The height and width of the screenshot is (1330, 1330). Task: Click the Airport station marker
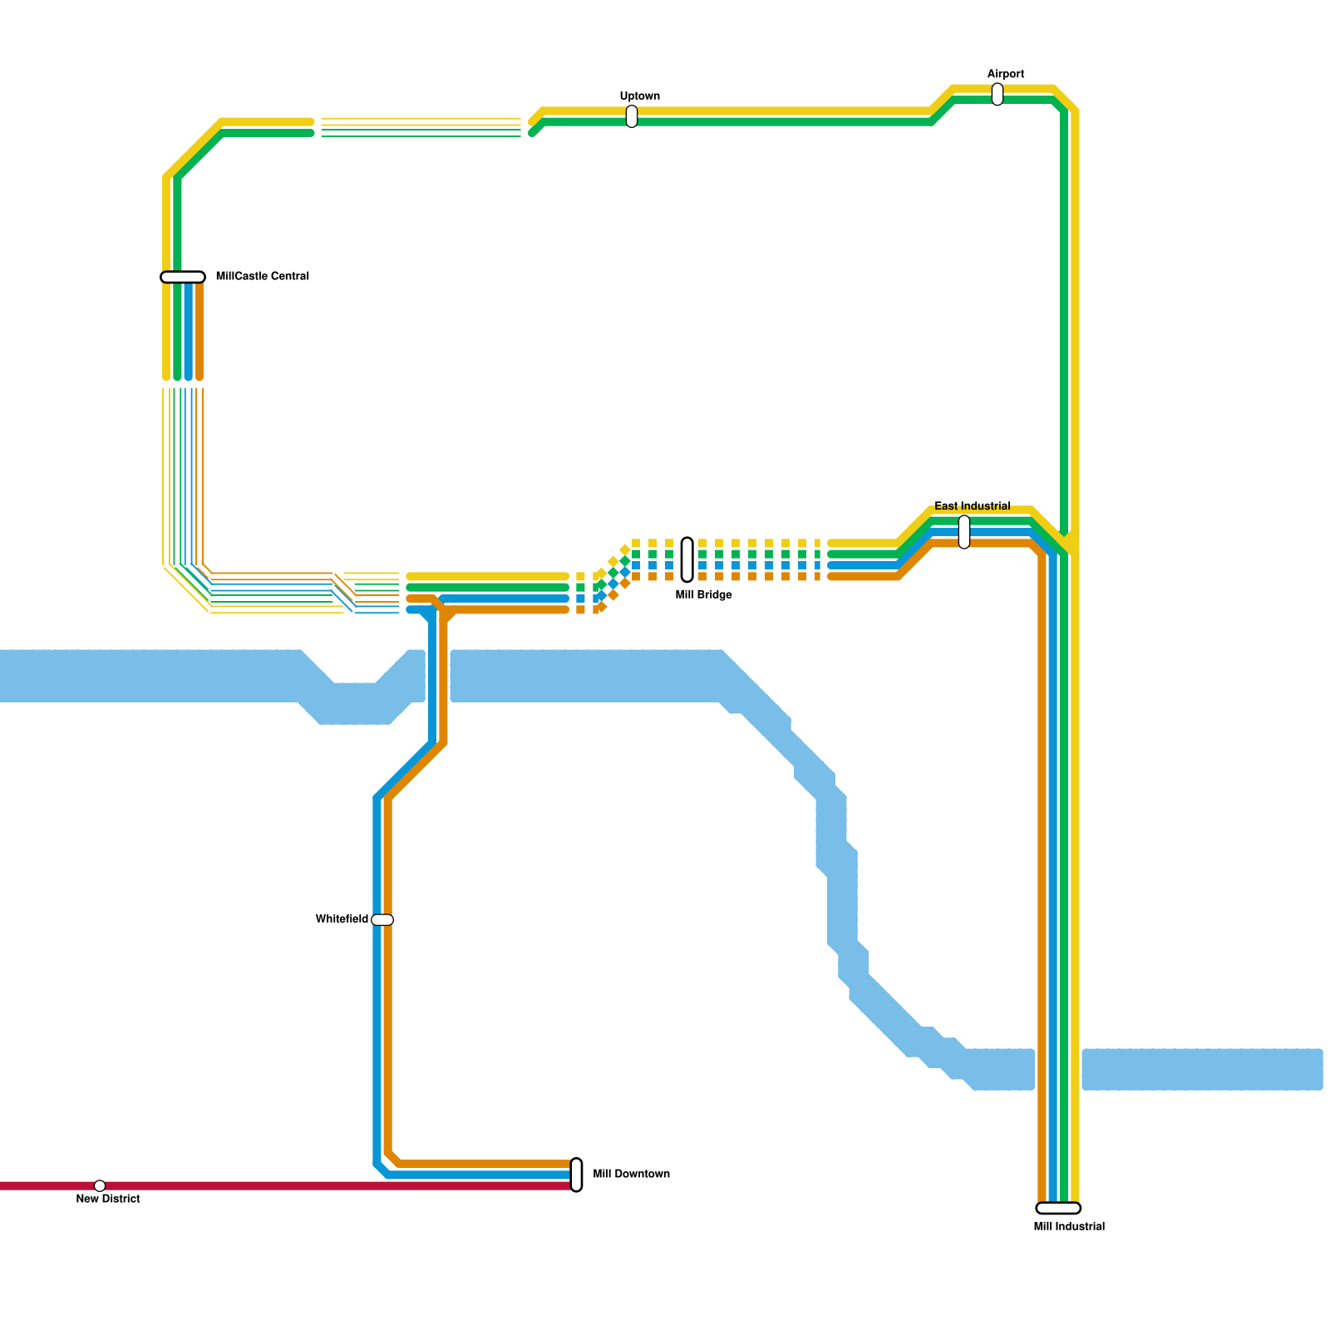pos(997,95)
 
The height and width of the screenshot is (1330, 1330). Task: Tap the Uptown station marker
pos(632,116)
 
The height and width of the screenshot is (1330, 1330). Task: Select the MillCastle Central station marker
pos(183,277)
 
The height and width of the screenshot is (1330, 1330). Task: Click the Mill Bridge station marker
pos(687,559)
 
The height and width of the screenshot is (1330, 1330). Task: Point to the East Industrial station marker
pos(964,532)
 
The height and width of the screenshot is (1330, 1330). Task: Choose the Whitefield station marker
pos(382,919)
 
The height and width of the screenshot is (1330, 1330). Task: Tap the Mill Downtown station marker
pos(576,1175)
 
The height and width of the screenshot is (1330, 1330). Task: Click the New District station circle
pos(100,1185)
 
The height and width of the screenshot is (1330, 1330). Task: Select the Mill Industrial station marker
pos(1058,1208)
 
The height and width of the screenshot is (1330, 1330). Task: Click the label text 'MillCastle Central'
pos(262,276)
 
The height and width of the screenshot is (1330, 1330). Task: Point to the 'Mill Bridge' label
pos(703,595)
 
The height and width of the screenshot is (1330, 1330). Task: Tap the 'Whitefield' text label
pos(342,919)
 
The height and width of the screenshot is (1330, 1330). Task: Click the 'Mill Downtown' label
pos(631,1175)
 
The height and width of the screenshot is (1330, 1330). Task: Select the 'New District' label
pos(108,1199)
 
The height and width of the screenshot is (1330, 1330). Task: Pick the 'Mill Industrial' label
pos(1069,1227)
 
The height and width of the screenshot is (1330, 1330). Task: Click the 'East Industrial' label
pos(972,506)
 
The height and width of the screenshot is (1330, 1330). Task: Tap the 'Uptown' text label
pos(639,96)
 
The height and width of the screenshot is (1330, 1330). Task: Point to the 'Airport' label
pos(1005,75)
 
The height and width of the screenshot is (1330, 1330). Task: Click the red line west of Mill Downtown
pos(332,1185)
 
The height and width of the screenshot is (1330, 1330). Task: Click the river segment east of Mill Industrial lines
pos(1201,1069)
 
